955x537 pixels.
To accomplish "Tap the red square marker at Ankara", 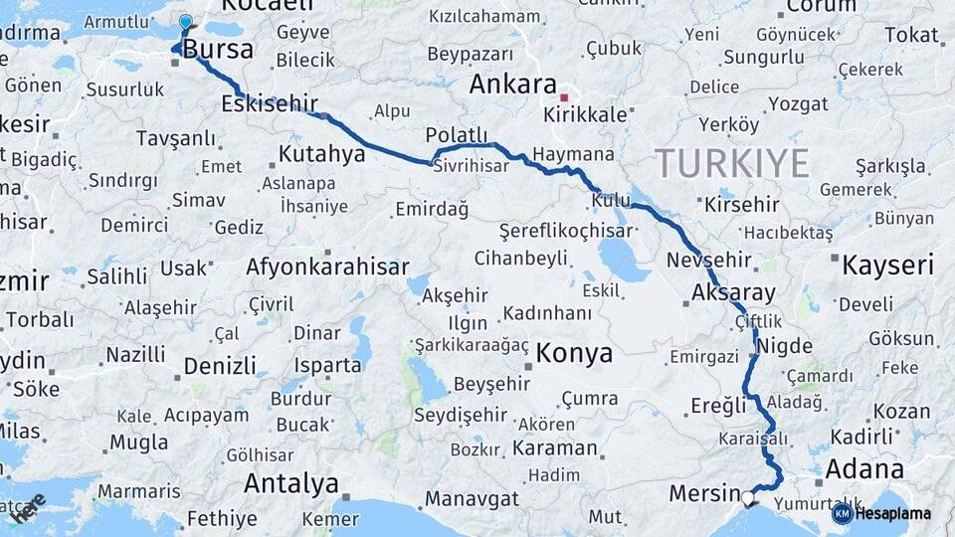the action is (x=564, y=97).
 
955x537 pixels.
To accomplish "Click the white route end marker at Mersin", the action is (x=747, y=495).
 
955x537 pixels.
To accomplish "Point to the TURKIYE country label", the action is (x=731, y=163).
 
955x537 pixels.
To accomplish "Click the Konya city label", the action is (x=574, y=353).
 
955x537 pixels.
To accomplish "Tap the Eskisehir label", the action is (x=270, y=103).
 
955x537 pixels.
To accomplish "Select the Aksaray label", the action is (x=728, y=293).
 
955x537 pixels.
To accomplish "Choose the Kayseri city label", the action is (x=887, y=266).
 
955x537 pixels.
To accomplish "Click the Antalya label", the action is (x=290, y=484).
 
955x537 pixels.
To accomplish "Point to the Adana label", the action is (x=864, y=467).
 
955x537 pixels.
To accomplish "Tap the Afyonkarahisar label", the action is (x=327, y=267).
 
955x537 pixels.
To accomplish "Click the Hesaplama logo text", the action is (x=892, y=513).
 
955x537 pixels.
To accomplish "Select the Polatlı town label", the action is (x=457, y=135).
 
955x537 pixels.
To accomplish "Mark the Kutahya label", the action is (x=321, y=154).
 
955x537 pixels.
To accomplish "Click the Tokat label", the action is (x=911, y=36).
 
